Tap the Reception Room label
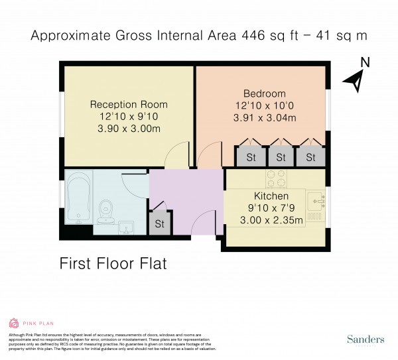[x=129, y=104]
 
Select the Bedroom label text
[x=264, y=93]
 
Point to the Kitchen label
[x=271, y=196]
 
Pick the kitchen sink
[x=316, y=197]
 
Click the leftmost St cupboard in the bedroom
[x=251, y=157]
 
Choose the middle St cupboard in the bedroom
[x=281, y=157]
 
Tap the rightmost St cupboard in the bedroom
[x=310, y=157]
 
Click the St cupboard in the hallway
[x=159, y=224]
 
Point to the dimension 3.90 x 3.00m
[x=129, y=129]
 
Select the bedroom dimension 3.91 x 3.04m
[x=264, y=118]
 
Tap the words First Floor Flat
[x=113, y=263]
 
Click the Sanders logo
[x=364, y=340]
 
